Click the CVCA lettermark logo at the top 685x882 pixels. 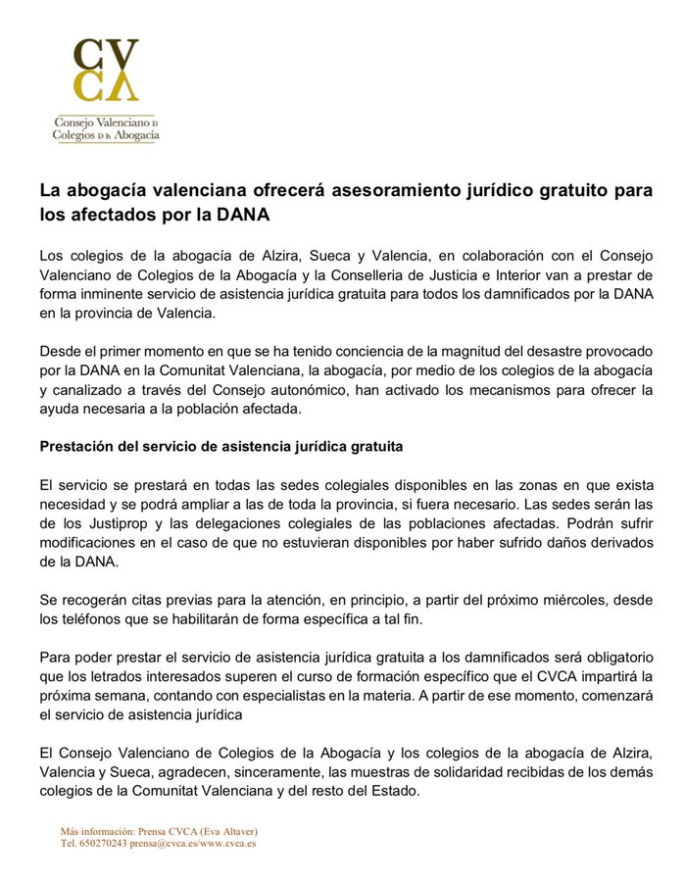pos(107,71)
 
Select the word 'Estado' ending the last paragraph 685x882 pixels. pos(394,791)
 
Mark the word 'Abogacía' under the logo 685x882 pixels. pos(137,135)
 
